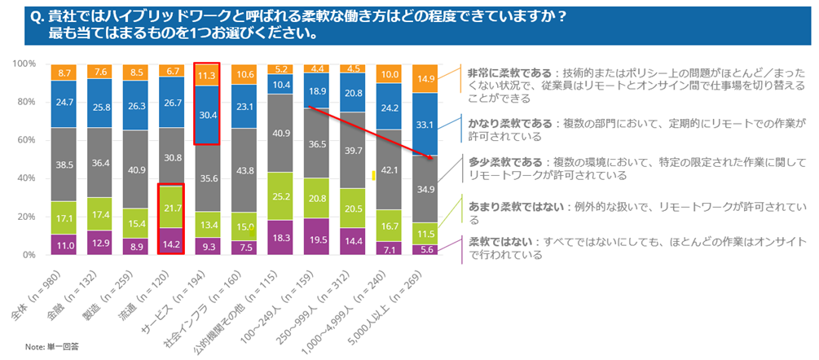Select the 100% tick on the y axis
coord(24,64)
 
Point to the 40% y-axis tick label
coord(25,178)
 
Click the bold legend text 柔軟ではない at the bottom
coord(497,241)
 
